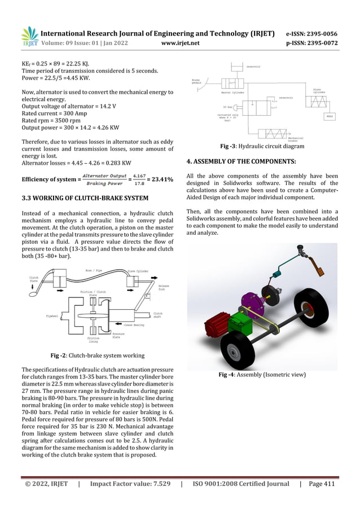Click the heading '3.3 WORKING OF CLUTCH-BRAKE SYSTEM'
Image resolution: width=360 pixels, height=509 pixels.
pyautogui.click(x=85, y=198)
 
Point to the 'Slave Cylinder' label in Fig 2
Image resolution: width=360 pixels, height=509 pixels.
pyautogui.click(x=138, y=271)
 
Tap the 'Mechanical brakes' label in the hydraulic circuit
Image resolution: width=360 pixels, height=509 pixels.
pyautogui.click(x=296, y=139)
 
